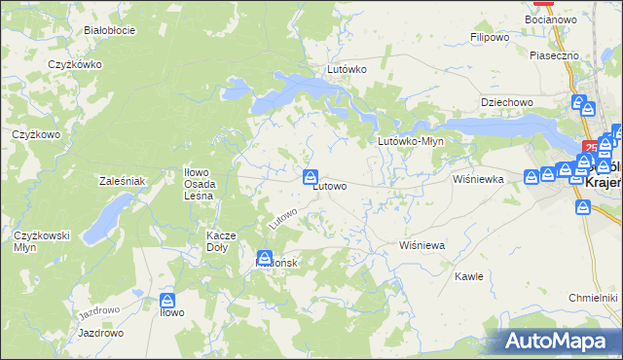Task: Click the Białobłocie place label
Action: click(x=109, y=30)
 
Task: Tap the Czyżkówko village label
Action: click(x=76, y=64)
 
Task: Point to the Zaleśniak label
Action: click(x=122, y=181)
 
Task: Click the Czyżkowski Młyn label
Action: click(x=39, y=240)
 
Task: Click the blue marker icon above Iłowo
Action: click(x=167, y=302)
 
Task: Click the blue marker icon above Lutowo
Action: click(x=311, y=176)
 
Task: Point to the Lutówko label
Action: click(x=347, y=70)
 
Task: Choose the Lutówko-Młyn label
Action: click(x=411, y=141)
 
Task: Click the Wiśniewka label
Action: click(x=477, y=180)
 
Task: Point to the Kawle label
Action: click(x=469, y=276)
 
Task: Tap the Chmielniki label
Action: click(x=593, y=297)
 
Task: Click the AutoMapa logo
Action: click(x=558, y=341)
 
